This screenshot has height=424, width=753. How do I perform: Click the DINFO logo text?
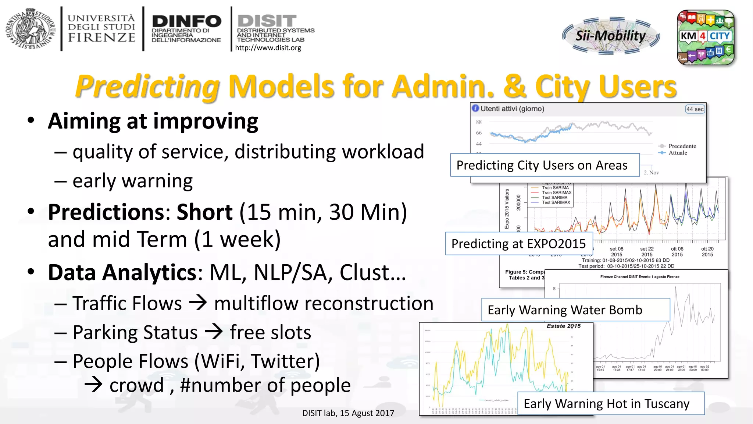(186, 21)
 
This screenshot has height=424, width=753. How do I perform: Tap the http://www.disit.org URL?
(268, 48)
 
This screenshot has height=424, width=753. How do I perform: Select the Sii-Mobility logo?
(611, 36)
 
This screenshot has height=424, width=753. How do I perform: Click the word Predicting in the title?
(147, 86)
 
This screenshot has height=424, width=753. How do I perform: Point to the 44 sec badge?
(695, 109)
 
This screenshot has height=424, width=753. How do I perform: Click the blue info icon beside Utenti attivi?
(475, 108)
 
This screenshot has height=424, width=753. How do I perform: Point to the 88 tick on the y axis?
(479, 122)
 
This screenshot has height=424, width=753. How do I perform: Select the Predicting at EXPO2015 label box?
(519, 244)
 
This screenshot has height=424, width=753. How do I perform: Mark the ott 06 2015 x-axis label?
(677, 252)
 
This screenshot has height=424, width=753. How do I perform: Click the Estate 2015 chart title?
(563, 326)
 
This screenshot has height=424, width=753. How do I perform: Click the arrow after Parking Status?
(214, 332)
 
